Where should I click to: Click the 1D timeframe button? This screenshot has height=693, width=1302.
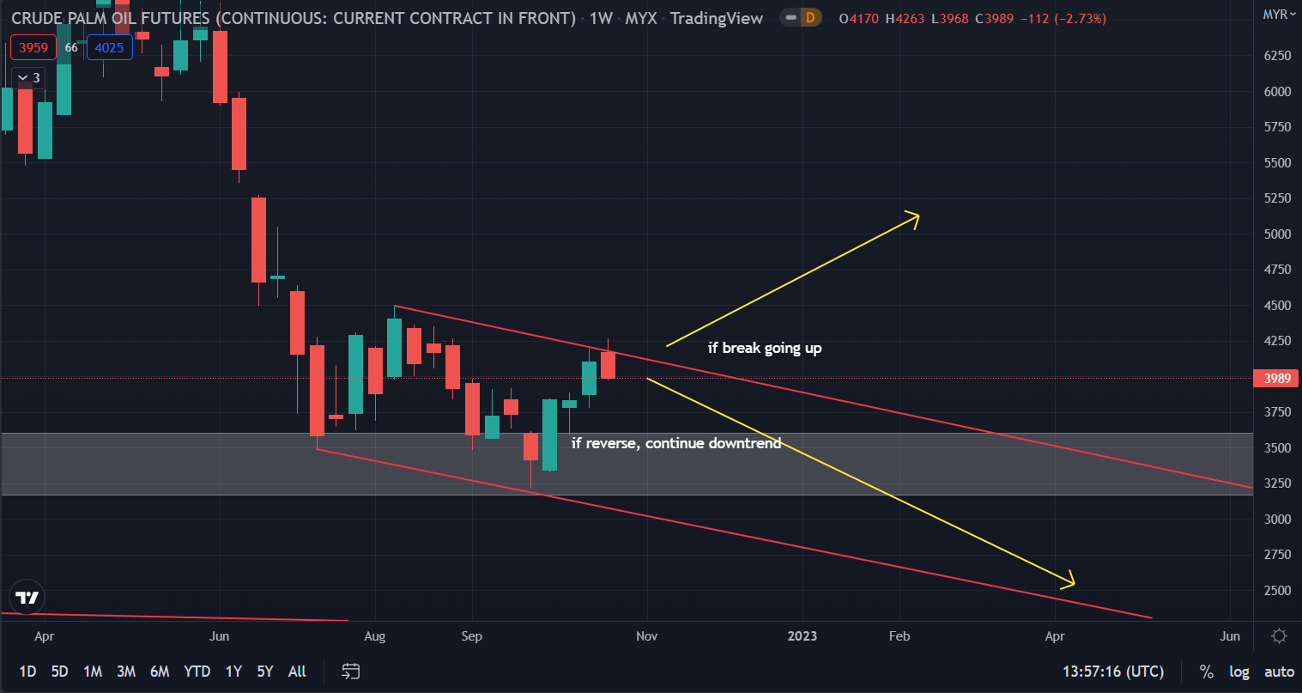pos(27,672)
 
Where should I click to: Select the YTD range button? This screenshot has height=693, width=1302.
pos(197,672)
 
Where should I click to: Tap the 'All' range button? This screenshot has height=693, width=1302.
pos(297,672)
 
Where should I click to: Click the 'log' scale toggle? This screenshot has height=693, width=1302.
pos(1239,672)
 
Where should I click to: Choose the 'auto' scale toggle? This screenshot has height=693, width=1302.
pos(1279,672)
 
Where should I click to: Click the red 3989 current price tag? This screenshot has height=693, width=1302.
pos(1276,379)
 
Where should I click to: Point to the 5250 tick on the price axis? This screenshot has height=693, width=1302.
pos(1277,198)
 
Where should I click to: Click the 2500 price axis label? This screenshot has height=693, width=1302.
pos(1277,591)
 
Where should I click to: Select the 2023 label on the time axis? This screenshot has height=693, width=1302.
pos(802,636)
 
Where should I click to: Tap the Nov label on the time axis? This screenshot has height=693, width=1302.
pos(646,636)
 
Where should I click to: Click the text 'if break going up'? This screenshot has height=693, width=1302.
pos(764,348)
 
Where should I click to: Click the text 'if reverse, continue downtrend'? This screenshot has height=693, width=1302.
pos(676,443)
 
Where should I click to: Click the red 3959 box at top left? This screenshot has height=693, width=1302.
pos(33,48)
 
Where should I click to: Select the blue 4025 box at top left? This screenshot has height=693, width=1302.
pos(109,48)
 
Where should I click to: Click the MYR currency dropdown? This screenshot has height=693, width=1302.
pos(1279,15)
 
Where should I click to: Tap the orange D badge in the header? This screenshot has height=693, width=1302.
pos(809,18)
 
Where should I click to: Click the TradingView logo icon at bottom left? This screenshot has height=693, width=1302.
pos(27,598)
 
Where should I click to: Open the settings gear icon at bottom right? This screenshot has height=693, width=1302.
pos(1279,636)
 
